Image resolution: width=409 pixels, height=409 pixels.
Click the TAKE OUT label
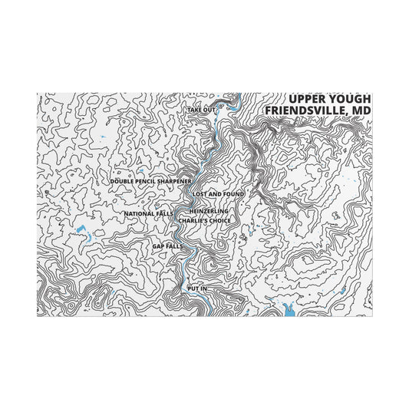coord(201,110)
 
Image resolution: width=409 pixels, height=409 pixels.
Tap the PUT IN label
coord(197,288)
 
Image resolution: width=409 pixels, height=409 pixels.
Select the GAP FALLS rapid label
coord(167,246)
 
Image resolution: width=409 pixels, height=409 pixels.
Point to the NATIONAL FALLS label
coord(148,213)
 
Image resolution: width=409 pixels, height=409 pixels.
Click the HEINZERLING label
coord(209,210)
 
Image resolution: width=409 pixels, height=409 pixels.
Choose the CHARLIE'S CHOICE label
coord(204,221)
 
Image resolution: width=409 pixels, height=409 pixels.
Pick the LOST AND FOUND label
coord(218,194)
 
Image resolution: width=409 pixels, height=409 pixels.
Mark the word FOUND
coord(233,194)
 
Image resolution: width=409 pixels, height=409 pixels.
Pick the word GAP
coord(158,246)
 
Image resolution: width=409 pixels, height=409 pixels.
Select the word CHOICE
coord(219,221)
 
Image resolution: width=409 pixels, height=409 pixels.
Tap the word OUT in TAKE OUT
coord(209,110)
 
